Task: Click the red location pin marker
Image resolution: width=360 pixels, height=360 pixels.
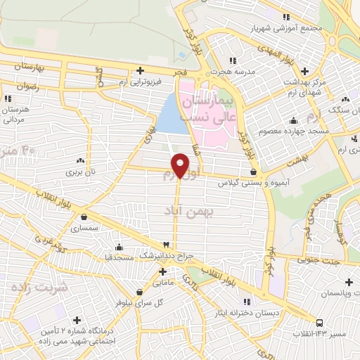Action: [x=180, y=166]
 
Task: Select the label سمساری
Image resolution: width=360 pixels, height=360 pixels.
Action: [x=85, y=228]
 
